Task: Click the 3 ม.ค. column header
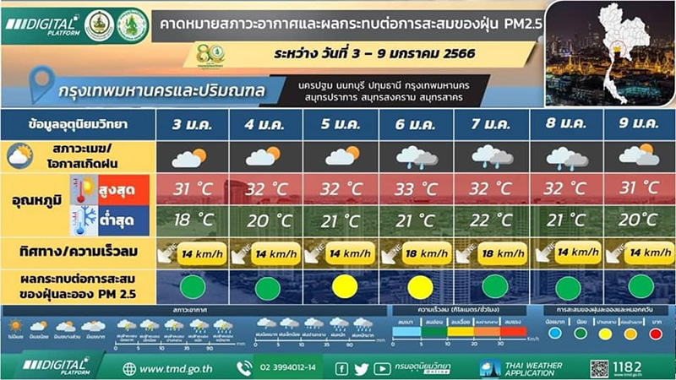click(192, 125)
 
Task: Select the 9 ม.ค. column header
click(639, 125)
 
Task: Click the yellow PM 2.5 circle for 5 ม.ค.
click(342, 286)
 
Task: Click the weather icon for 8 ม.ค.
click(565, 156)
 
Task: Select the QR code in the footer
click(598, 368)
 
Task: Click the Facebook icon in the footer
click(342, 368)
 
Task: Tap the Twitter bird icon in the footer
click(362, 368)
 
